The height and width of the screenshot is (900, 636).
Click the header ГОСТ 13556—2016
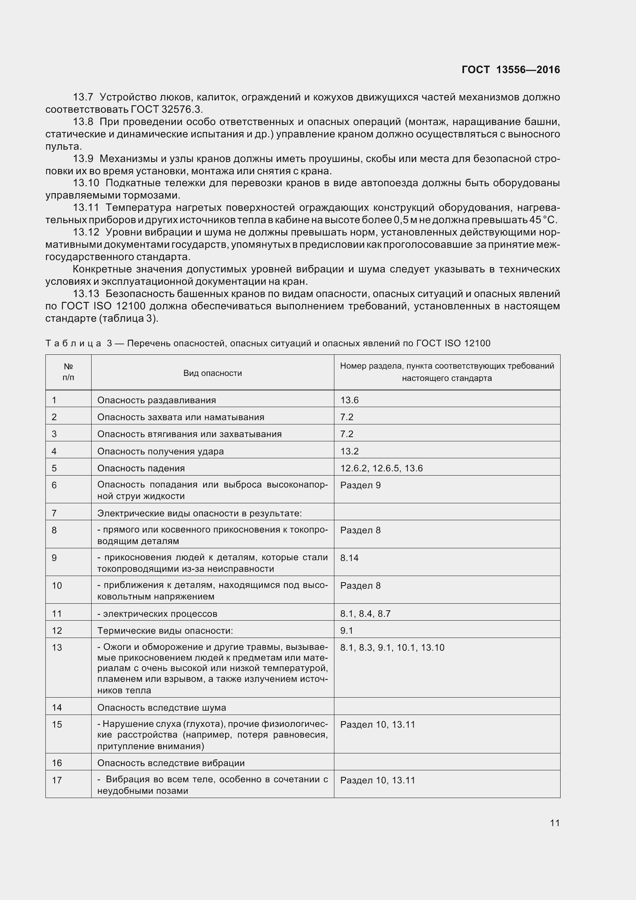[x=511, y=70]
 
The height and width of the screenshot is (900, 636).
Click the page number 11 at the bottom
[x=554, y=822]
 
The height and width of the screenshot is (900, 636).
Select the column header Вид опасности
[x=212, y=373]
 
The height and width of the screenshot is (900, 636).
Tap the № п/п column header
[x=68, y=372]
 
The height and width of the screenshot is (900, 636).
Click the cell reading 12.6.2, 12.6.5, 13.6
[x=381, y=468]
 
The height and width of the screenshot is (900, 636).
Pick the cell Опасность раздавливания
[x=156, y=400]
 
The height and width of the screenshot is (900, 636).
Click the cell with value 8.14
[x=349, y=558]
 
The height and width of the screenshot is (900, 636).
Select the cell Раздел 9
[x=360, y=485]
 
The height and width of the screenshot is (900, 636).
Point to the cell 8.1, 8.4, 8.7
[x=365, y=613]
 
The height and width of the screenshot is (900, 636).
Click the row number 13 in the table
[x=57, y=648]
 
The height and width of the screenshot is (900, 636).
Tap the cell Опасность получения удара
[x=160, y=451]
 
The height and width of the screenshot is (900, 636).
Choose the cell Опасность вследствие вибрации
[x=171, y=763]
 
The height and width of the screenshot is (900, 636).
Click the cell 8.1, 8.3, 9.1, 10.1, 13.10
[x=392, y=648]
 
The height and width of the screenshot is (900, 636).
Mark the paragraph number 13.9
[x=83, y=159]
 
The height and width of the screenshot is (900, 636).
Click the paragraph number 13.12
[x=86, y=232]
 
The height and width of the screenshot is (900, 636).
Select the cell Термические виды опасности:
[x=165, y=630]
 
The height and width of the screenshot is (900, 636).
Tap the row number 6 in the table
[x=54, y=485]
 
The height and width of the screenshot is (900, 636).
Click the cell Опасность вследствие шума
[x=162, y=708]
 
